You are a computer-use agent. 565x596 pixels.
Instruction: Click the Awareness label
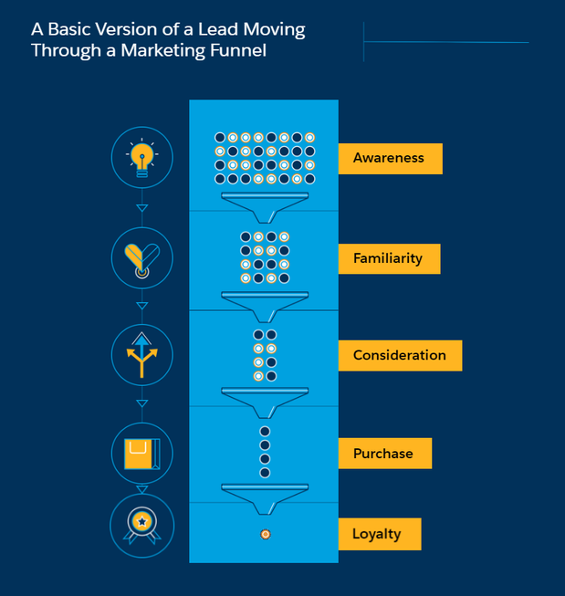click(x=389, y=158)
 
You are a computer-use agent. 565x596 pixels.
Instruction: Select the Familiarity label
click(x=388, y=258)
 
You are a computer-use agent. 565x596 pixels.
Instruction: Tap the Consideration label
click(x=400, y=355)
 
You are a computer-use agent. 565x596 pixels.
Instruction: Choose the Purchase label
click(x=383, y=454)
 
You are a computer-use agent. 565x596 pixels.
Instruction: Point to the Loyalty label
click(x=376, y=534)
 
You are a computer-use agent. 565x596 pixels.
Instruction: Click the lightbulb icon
click(x=141, y=158)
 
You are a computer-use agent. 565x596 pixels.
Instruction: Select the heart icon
click(x=141, y=258)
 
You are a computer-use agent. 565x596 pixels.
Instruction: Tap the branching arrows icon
click(x=141, y=353)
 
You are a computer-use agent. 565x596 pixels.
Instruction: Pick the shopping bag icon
click(x=141, y=454)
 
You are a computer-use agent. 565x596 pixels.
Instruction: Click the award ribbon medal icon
click(x=141, y=525)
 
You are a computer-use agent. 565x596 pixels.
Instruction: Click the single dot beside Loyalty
click(x=265, y=533)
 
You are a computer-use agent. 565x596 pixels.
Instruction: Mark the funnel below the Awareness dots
click(x=265, y=204)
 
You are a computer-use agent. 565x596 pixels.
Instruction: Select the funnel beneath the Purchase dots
click(x=265, y=496)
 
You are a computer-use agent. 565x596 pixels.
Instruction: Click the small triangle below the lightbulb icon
click(x=141, y=208)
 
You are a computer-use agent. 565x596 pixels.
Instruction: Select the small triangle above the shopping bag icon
click(x=141, y=403)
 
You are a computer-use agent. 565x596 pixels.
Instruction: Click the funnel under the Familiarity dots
click(x=265, y=303)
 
